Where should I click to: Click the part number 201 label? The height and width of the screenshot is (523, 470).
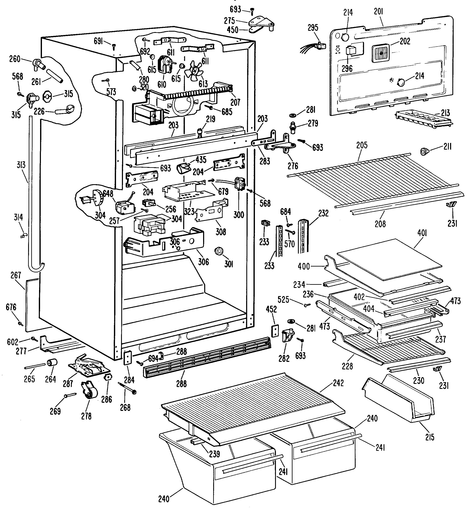[378, 11]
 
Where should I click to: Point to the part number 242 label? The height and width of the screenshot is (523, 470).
[338, 383]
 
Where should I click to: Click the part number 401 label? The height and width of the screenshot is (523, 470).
[422, 233]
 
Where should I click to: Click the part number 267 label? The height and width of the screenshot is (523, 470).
[16, 275]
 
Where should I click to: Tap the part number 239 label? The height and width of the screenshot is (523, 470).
[214, 454]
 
